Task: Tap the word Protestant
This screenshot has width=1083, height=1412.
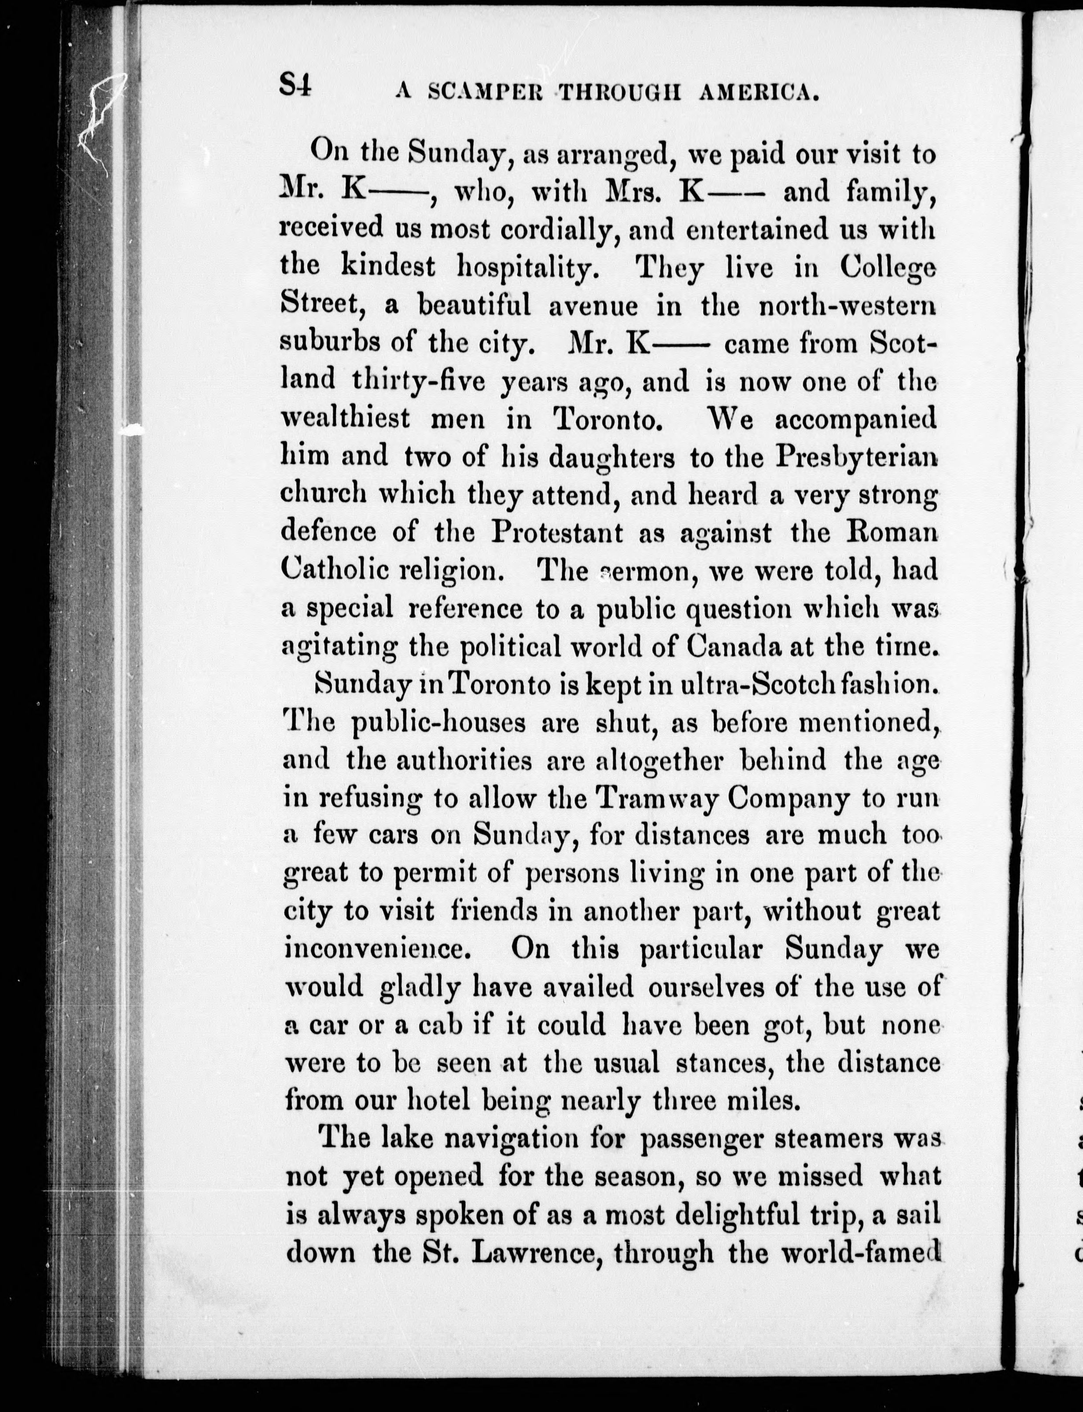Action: point(558,532)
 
